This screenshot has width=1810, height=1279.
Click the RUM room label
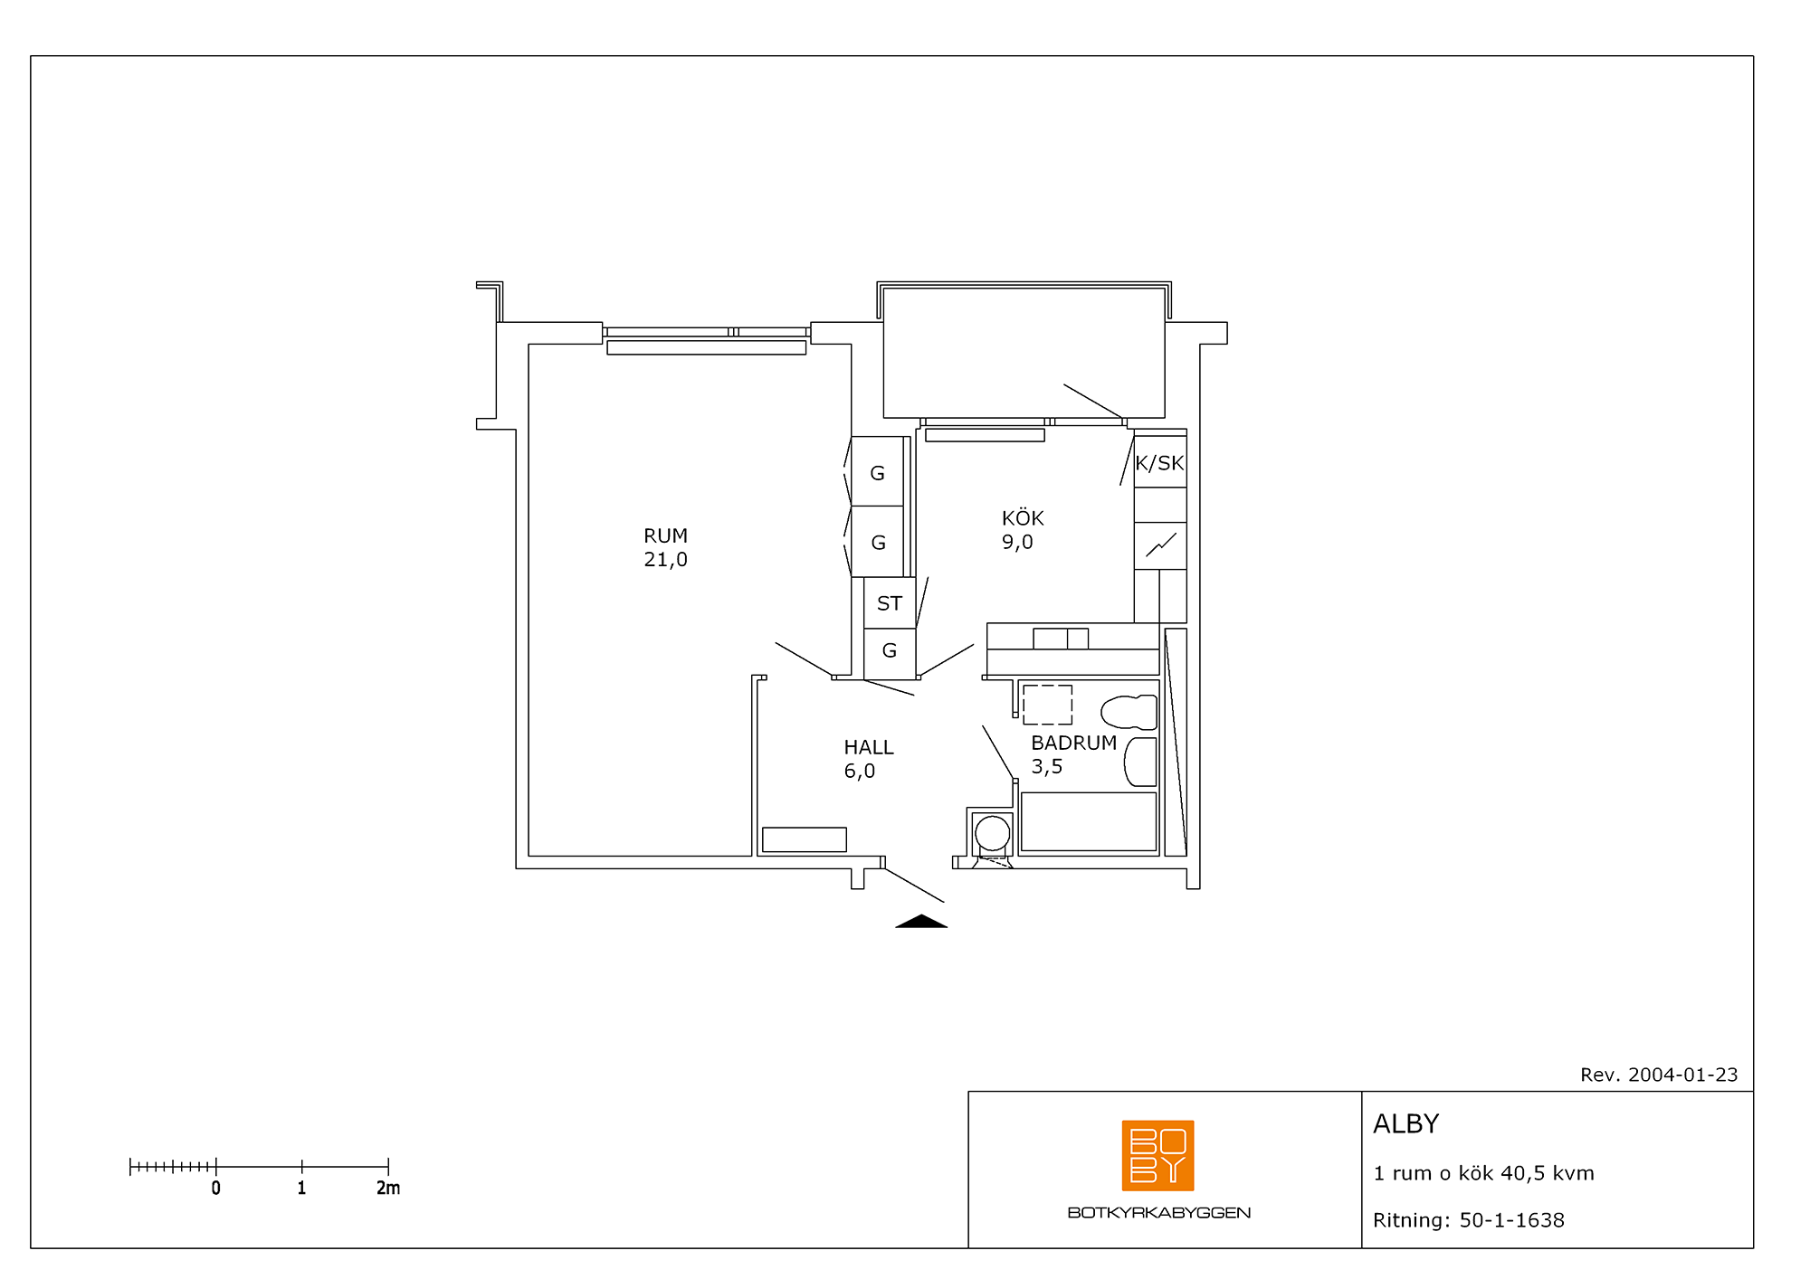point(665,535)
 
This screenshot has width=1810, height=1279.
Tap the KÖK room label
point(1023,517)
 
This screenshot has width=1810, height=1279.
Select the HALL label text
point(869,747)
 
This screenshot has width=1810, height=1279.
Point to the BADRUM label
point(1074,743)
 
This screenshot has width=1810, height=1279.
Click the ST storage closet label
point(890,603)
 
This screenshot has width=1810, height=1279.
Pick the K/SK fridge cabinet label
point(1159,463)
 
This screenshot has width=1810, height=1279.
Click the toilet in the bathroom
point(1129,712)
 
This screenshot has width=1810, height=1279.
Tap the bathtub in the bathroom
point(1089,821)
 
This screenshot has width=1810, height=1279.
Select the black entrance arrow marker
point(921,922)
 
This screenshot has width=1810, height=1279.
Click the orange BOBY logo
point(1157,1155)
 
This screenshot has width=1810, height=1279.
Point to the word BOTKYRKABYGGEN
point(1159,1213)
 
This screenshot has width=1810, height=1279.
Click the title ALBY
point(1405,1123)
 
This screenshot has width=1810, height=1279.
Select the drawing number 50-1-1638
point(1512,1220)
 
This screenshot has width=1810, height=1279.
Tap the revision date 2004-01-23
point(1683,1075)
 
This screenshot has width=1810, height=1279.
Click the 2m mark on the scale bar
point(388,1188)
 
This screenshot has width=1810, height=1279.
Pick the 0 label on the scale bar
point(215,1188)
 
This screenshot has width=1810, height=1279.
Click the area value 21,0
point(665,560)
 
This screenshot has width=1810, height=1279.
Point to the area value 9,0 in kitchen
point(1017,542)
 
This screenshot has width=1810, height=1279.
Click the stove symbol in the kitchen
point(1160,545)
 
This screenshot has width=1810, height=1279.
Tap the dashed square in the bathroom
point(1047,705)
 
